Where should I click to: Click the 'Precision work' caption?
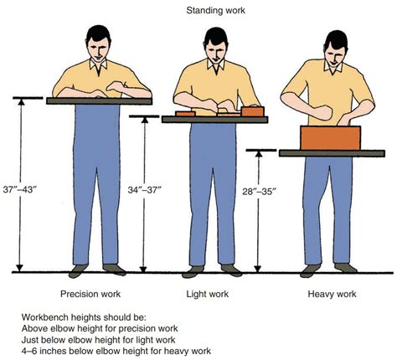[90, 294]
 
